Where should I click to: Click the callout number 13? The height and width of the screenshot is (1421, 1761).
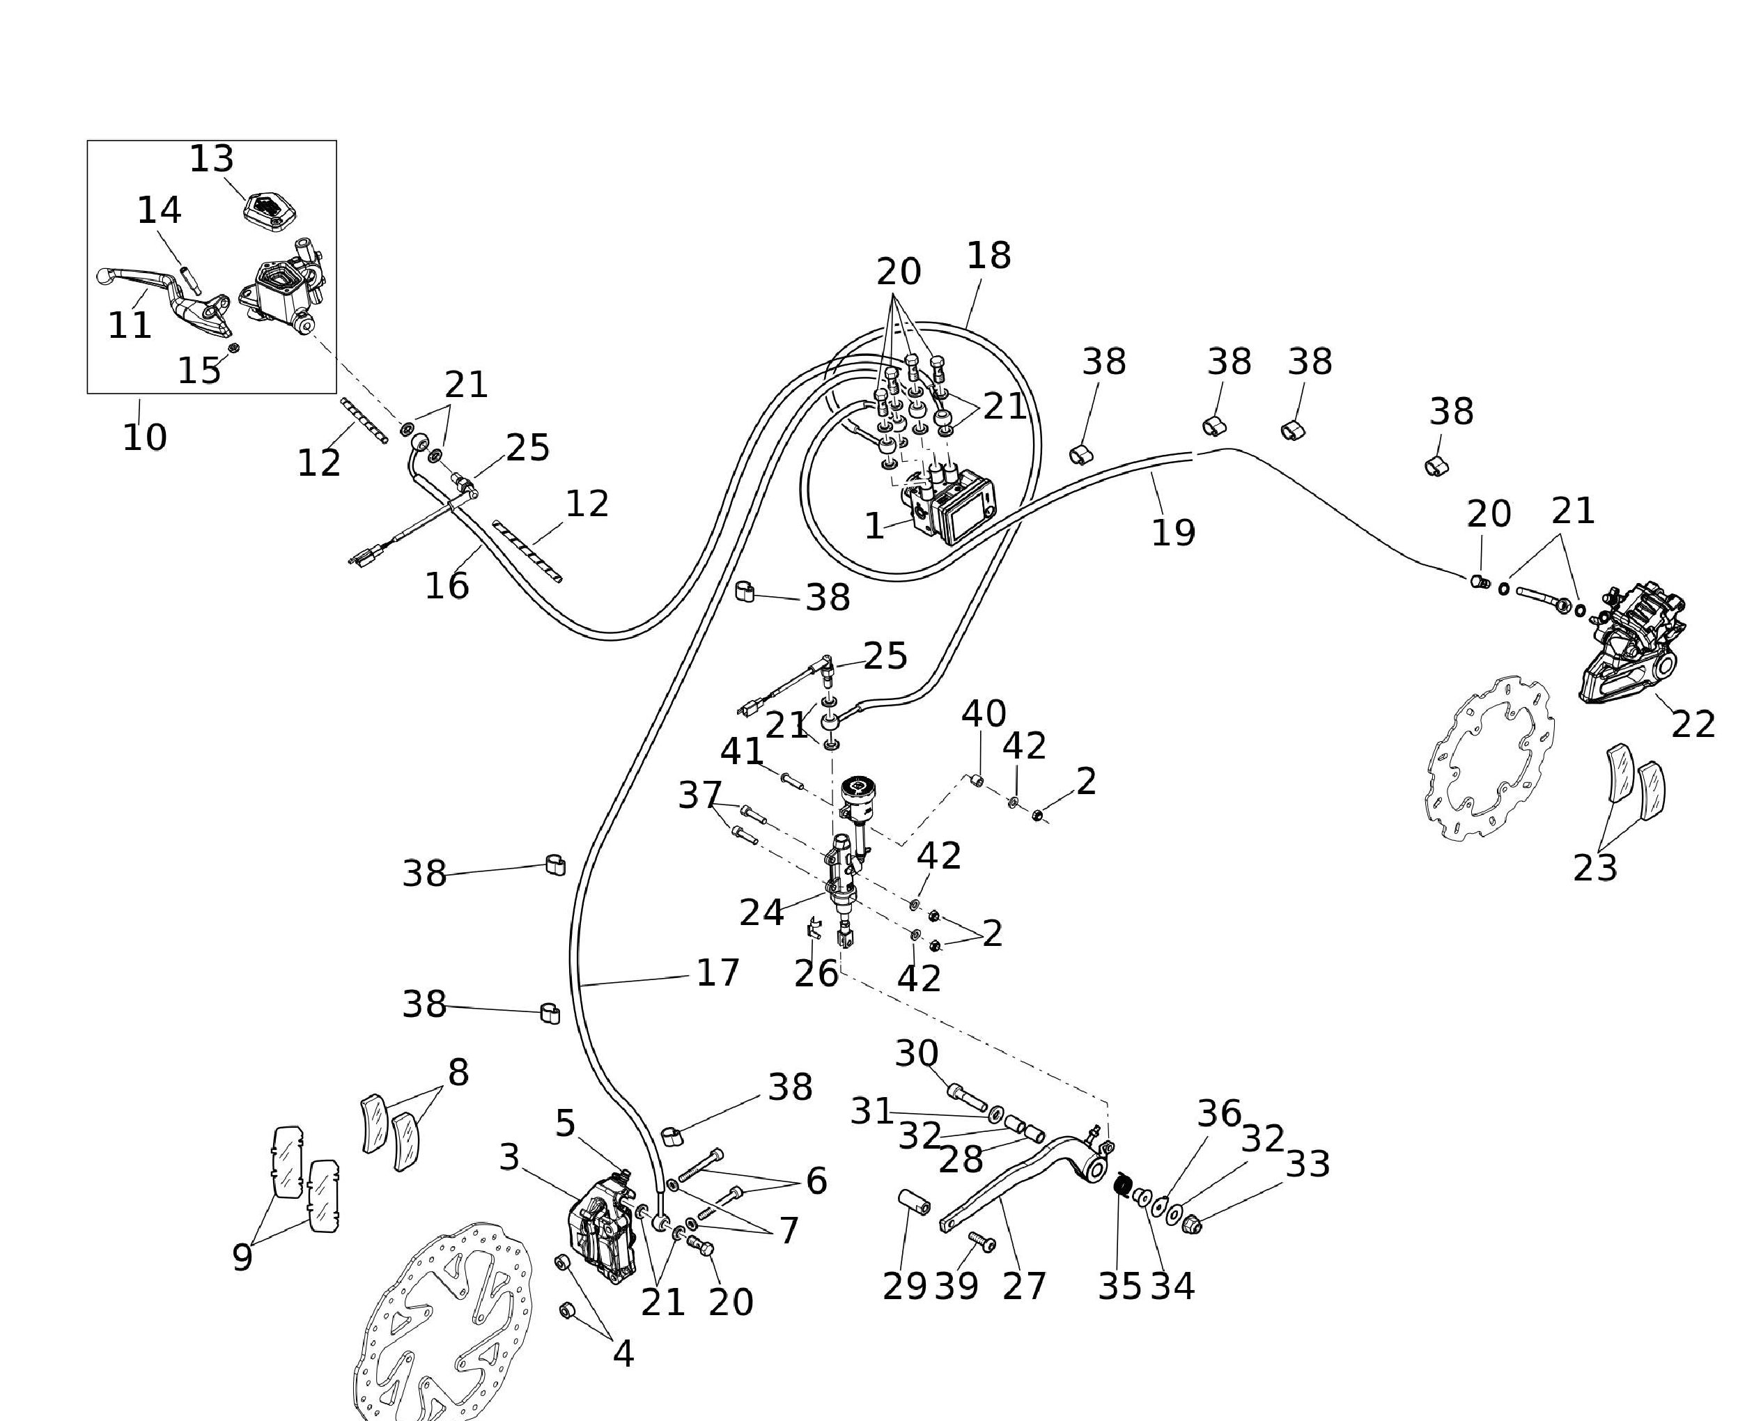click(x=211, y=159)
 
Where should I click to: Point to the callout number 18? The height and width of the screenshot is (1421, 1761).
click(x=988, y=256)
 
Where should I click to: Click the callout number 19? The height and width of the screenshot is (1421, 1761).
click(x=1172, y=533)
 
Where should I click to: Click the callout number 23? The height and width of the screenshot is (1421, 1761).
click(x=1595, y=868)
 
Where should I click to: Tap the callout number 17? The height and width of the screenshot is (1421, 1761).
click(x=717, y=972)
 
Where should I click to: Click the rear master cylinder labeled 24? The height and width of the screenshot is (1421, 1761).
click(x=844, y=876)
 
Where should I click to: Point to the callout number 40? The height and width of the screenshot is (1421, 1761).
click(x=983, y=714)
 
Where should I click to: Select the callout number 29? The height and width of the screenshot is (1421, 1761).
click(x=903, y=1286)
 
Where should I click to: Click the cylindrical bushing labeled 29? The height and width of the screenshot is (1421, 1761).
click(x=914, y=1202)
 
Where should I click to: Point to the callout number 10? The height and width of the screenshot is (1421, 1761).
click(x=144, y=437)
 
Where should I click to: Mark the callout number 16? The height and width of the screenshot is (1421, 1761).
click(x=447, y=586)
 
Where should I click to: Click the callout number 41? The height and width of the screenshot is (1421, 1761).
click(x=742, y=752)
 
